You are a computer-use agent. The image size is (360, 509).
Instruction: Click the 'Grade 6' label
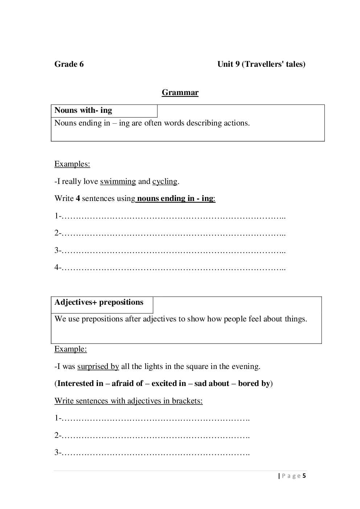tap(69, 64)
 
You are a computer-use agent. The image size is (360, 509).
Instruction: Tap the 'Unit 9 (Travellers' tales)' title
tap(261, 64)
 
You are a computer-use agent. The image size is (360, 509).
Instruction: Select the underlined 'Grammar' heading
tap(180, 93)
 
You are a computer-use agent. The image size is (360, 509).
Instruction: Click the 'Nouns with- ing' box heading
tap(83, 110)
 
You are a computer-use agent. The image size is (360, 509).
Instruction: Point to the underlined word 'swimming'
tap(118, 181)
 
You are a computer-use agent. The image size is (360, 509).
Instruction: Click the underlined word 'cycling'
tap(165, 181)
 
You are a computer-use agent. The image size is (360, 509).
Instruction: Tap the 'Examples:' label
tap(72, 164)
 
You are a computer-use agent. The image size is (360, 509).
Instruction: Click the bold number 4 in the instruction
tap(78, 198)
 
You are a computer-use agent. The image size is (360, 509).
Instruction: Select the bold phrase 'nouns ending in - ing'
tap(176, 198)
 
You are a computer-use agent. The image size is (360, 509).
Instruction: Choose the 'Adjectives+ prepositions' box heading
tap(99, 302)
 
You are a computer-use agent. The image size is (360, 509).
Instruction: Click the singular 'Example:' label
tap(71, 349)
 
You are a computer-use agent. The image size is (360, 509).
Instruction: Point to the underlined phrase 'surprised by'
tap(98, 366)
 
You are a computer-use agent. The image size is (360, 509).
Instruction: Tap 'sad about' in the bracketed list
tap(212, 383)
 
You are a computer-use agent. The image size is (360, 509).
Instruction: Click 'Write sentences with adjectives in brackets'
tap(128, 401)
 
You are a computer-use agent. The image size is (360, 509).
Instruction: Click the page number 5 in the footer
tap(304, 476)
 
